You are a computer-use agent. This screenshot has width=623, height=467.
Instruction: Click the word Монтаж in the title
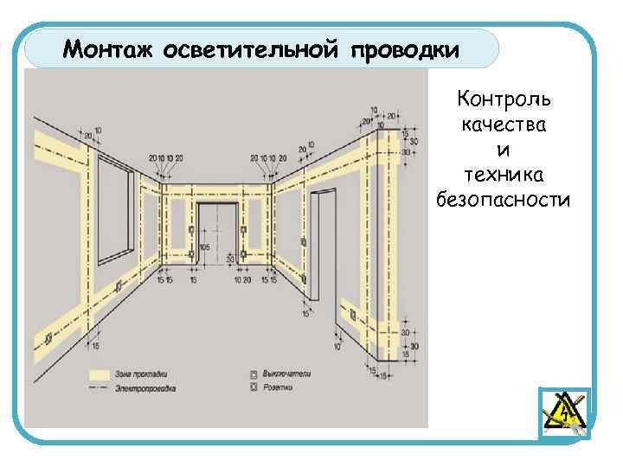pyautogui.click(x=106, y=49)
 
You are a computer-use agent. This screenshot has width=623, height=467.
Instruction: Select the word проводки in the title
pyautogui.click(x=406, y=49)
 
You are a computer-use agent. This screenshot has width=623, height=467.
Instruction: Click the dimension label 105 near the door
pyautogui.click(x=205, y=247)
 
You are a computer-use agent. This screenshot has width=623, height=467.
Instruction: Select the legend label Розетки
pyautogui.click(x=278, y=389)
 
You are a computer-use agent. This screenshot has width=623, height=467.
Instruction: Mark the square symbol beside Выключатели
pyautogui.click(x=254, y=374)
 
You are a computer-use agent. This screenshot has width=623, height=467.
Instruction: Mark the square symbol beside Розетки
pyautogui.click(x=254, y=389)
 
